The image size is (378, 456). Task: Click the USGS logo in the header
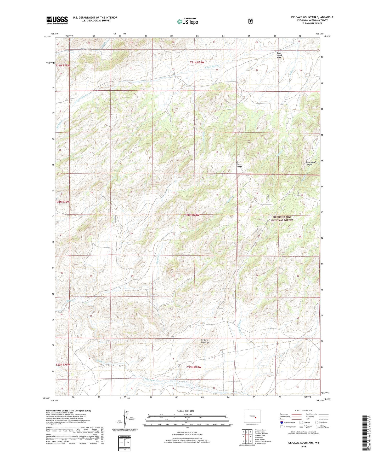(57, 20)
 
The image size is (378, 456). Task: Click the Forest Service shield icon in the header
(250, 21)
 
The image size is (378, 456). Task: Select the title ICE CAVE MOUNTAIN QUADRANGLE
(312, 17)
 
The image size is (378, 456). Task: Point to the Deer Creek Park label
(279, 55)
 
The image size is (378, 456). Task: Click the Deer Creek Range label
(239, 164)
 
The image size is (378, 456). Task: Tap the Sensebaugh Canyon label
(311, 163)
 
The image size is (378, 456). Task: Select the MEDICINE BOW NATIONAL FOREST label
(282, 219)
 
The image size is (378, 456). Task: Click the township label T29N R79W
(63, 364)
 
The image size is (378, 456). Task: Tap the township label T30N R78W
(192, 215)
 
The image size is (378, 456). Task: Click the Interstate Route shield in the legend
(281, 422)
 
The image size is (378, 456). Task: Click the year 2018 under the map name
(303, 446)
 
